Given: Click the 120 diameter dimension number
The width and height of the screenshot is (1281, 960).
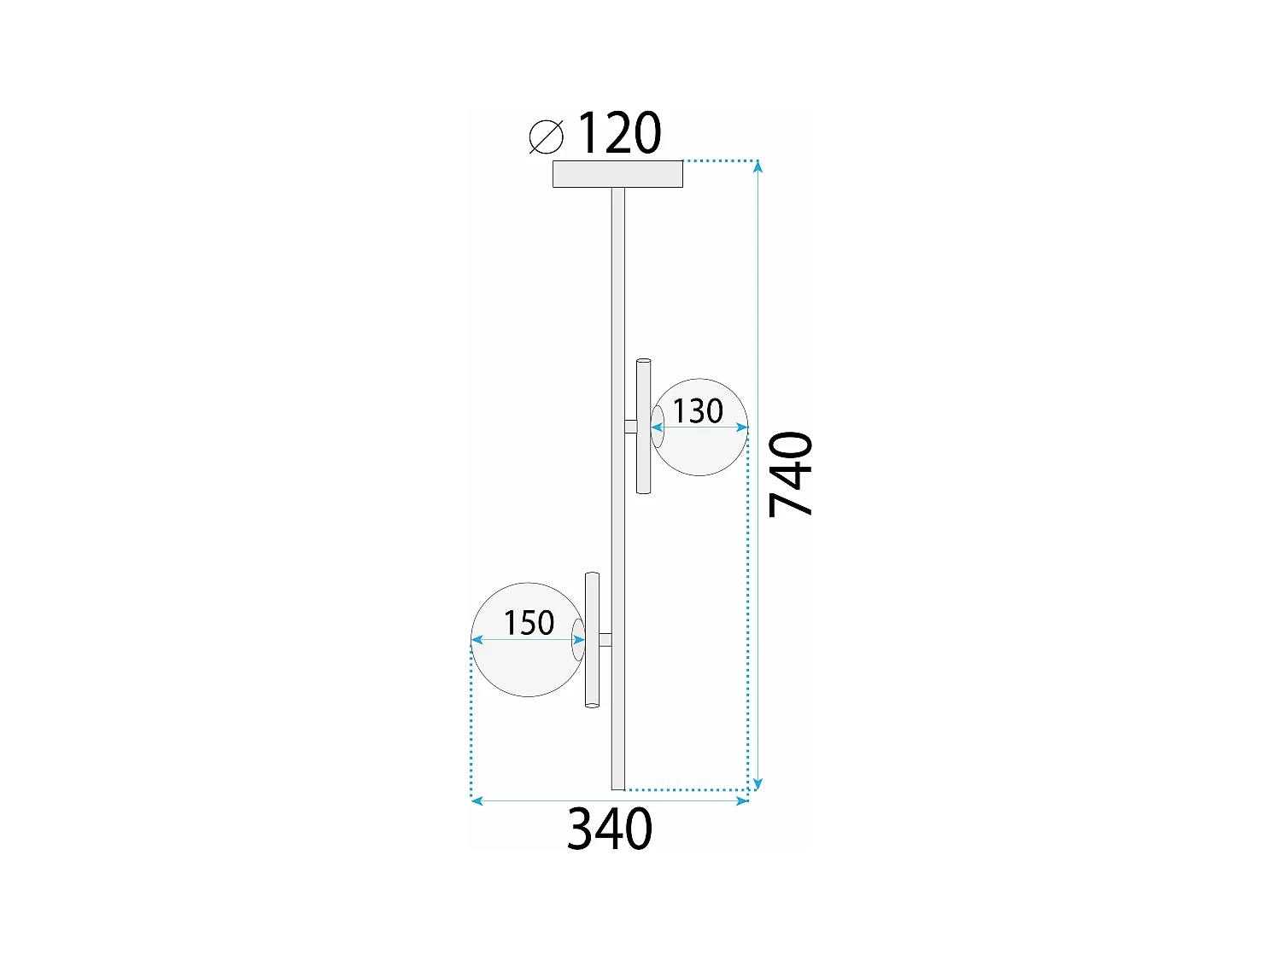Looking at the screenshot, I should tap(619, 134).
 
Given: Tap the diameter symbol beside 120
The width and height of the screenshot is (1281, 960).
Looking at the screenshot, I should tap(547, 137).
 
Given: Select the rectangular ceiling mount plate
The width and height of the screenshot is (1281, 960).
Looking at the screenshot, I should tap(617, 174).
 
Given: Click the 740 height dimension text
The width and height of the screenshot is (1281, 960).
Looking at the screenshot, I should tap(791, 474).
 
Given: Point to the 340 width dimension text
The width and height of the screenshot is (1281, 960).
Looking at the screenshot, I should tap(610, 829).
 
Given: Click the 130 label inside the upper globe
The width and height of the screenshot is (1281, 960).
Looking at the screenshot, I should tap(698, 411).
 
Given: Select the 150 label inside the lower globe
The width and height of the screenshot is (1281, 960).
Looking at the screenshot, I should tap(529, 623).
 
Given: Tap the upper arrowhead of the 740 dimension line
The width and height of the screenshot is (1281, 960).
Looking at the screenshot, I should tap(757, 165).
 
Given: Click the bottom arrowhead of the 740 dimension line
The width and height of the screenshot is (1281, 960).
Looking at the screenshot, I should tap(757, 785).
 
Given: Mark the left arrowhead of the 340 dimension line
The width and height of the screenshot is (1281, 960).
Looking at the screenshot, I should tap(477, 801).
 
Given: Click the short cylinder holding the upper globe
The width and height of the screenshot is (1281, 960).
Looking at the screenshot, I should tap(644, 427).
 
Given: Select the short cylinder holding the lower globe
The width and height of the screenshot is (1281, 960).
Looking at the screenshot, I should tap(592, 640).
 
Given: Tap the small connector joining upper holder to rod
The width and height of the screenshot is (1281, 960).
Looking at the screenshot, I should tap(630, 427).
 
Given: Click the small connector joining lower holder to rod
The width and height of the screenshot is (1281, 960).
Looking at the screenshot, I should tap(605, 640).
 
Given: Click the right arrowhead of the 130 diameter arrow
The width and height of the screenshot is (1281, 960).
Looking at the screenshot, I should tap(743, 428).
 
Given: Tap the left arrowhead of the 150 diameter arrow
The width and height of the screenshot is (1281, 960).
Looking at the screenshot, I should tap(477, 640).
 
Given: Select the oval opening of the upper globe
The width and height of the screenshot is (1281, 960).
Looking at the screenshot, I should tap(658, 427).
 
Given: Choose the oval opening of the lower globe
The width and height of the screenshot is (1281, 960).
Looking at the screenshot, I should tap(578, 640).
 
